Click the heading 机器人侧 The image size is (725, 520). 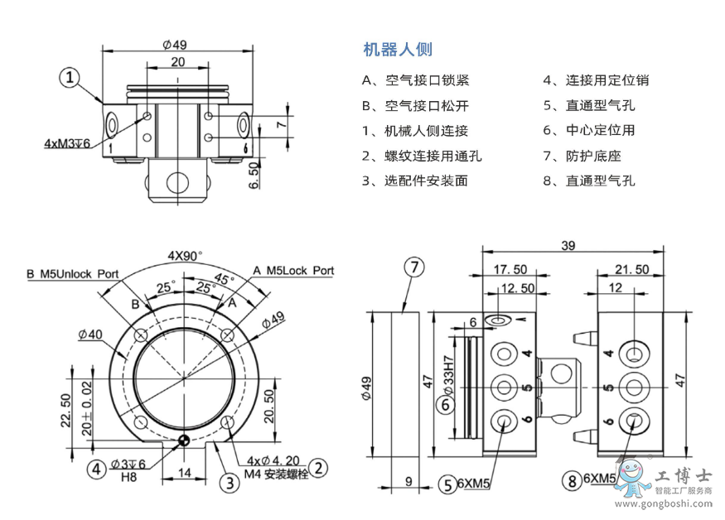point(398,50)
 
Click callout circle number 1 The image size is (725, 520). point(72,78)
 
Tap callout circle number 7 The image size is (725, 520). point(413,267)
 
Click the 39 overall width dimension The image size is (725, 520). point(568,245)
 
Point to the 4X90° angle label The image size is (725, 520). point(185,255)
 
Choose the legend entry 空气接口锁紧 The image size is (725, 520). point(416,80)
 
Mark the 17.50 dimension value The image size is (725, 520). point(510,270)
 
